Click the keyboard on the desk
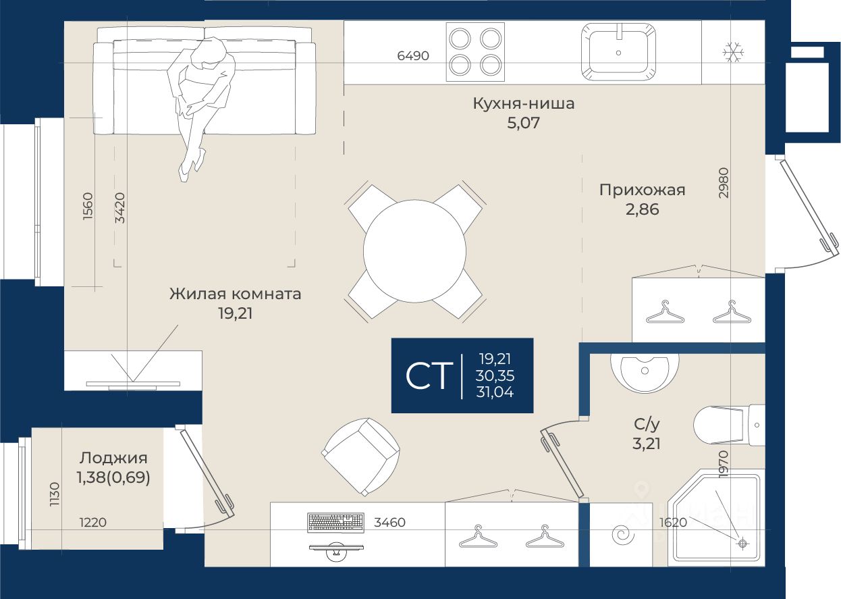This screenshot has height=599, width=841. tap(335, 522)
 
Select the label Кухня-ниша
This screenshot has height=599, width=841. tap(523, 104)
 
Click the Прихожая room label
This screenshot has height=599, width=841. tap(642, 190)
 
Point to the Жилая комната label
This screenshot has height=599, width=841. tap(235, 294)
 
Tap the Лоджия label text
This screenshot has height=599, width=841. tap(113, 457)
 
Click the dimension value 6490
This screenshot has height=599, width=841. tap(413, 56)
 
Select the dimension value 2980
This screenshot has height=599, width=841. tap(724, 182)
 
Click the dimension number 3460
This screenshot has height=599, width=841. tap(389, 522)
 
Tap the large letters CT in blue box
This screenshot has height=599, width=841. tap(427, 375)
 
